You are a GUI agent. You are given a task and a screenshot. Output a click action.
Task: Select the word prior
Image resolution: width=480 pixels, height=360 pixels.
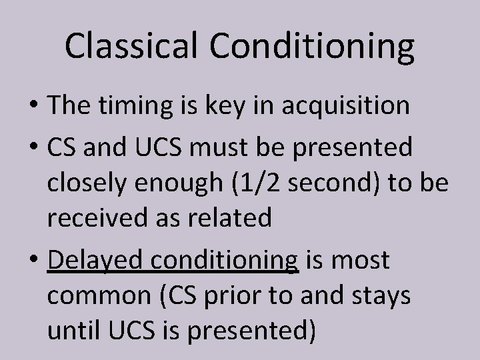(x=246, y=295)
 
